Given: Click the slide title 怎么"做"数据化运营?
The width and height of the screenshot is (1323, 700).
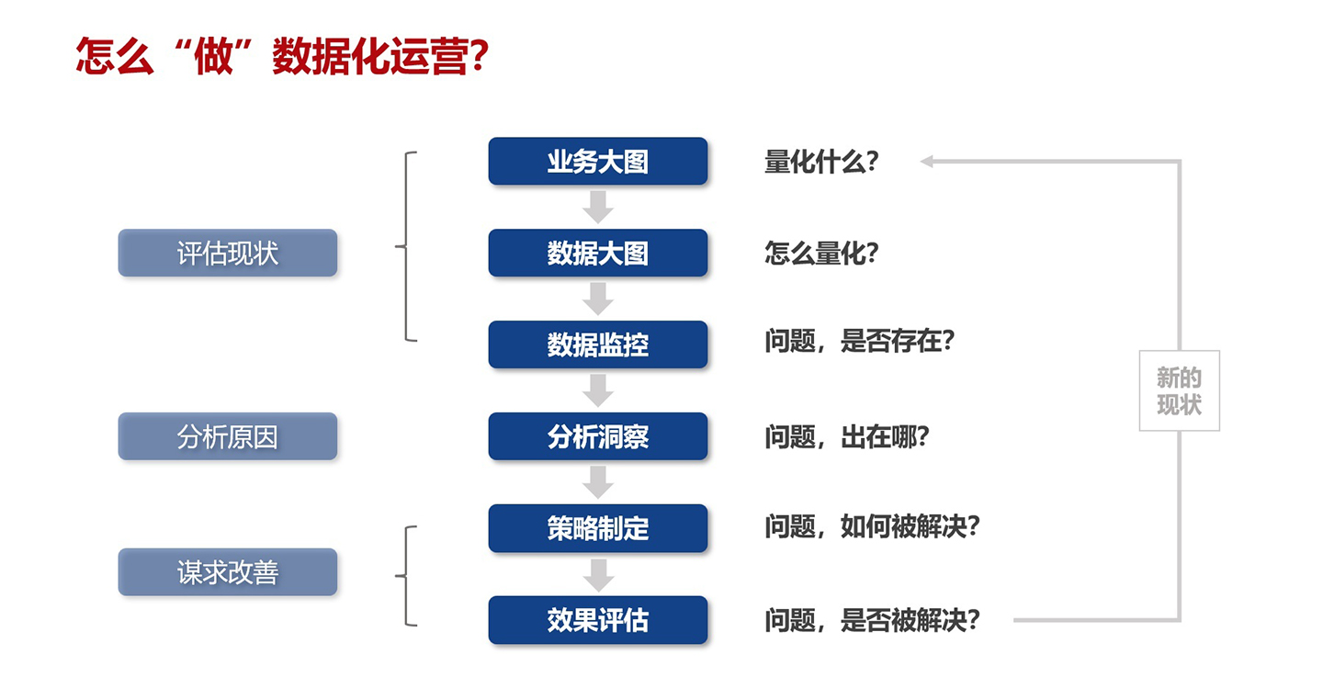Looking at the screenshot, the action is pyautogui.click(x=282, y=56).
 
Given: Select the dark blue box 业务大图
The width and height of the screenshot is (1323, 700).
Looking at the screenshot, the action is pyautogui.click(x=598, y=162).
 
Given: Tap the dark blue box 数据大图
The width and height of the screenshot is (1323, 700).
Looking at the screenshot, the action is pyautogui.click(x=598, y=253).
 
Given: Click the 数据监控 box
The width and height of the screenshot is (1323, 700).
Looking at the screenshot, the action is pyautogui.click(x=598, y=344).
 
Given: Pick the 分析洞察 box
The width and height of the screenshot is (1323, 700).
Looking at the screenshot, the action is pyautogui.click(x=598, y=436).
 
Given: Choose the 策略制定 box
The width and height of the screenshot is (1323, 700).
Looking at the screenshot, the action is pyautogui.click(x=598, y=528).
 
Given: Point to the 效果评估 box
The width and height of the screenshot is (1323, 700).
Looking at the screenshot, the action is pyautogui.click(x=598, y=620).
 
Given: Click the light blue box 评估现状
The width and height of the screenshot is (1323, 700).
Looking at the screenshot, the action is pyautogui.click(x=228, y=253).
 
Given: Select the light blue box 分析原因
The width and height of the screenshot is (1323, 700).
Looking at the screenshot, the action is pyautogui.click(x=228, y=436).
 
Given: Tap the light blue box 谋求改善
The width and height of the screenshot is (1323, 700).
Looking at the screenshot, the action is pyautogui.click(x=228, y=571).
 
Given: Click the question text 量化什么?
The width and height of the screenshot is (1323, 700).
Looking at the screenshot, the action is pyautogui.click(x=821, y=162).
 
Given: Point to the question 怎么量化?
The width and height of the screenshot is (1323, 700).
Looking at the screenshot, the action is pyautogui.click(x=821, y=253).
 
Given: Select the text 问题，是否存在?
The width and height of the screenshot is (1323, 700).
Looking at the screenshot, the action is pyautogui.click(x=859, y=341).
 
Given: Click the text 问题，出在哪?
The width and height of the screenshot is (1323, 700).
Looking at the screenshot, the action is pyautogui.click(x=847, y=437).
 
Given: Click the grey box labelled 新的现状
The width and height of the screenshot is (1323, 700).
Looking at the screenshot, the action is pyautogui.click(x=1179, y=390).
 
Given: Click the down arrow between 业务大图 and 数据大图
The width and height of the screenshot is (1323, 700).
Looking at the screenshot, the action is pyautogui.click(x=598, y=207).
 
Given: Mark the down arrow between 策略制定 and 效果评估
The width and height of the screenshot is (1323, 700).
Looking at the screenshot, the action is pyautogui.click(x=598, y=575).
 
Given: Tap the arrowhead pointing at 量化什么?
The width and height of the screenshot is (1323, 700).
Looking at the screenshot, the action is pyautogui.click(x=927, y=162).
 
